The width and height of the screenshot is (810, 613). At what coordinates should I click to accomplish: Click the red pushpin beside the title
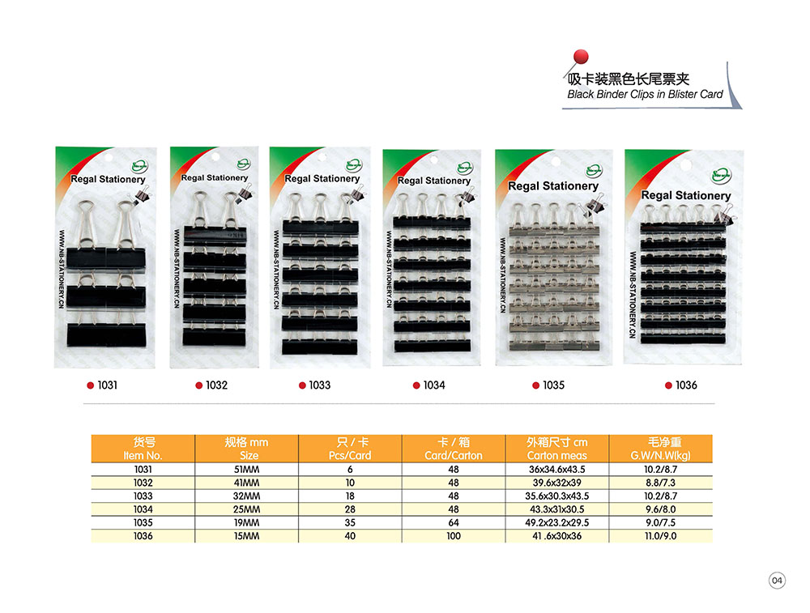point(580,57)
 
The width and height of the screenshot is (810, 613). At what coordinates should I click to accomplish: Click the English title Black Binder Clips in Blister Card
point(645,95)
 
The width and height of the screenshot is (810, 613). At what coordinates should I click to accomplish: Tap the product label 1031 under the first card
point(107,385)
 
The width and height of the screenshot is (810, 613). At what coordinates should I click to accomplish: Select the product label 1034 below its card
point(434,385)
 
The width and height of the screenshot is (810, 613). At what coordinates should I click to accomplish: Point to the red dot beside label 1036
point(668,385)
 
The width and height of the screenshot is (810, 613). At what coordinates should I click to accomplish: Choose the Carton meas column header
point(556,449)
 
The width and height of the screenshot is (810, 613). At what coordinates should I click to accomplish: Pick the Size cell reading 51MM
point(245,469)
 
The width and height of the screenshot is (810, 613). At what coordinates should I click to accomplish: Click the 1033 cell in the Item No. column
point(143,496)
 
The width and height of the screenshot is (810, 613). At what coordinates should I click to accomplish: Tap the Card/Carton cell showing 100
point(453,536)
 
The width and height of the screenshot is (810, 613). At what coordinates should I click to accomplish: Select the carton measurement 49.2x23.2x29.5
point(556,522)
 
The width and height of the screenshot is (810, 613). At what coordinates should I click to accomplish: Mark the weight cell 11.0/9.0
point(661,536)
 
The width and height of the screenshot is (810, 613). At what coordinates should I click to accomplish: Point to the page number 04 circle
point(777,581)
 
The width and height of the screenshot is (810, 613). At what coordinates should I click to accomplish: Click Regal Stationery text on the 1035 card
point(553,186)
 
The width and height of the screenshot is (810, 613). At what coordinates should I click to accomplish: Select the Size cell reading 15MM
point(245,536)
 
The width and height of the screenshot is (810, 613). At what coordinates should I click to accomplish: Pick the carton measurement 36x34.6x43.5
point(556,469)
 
